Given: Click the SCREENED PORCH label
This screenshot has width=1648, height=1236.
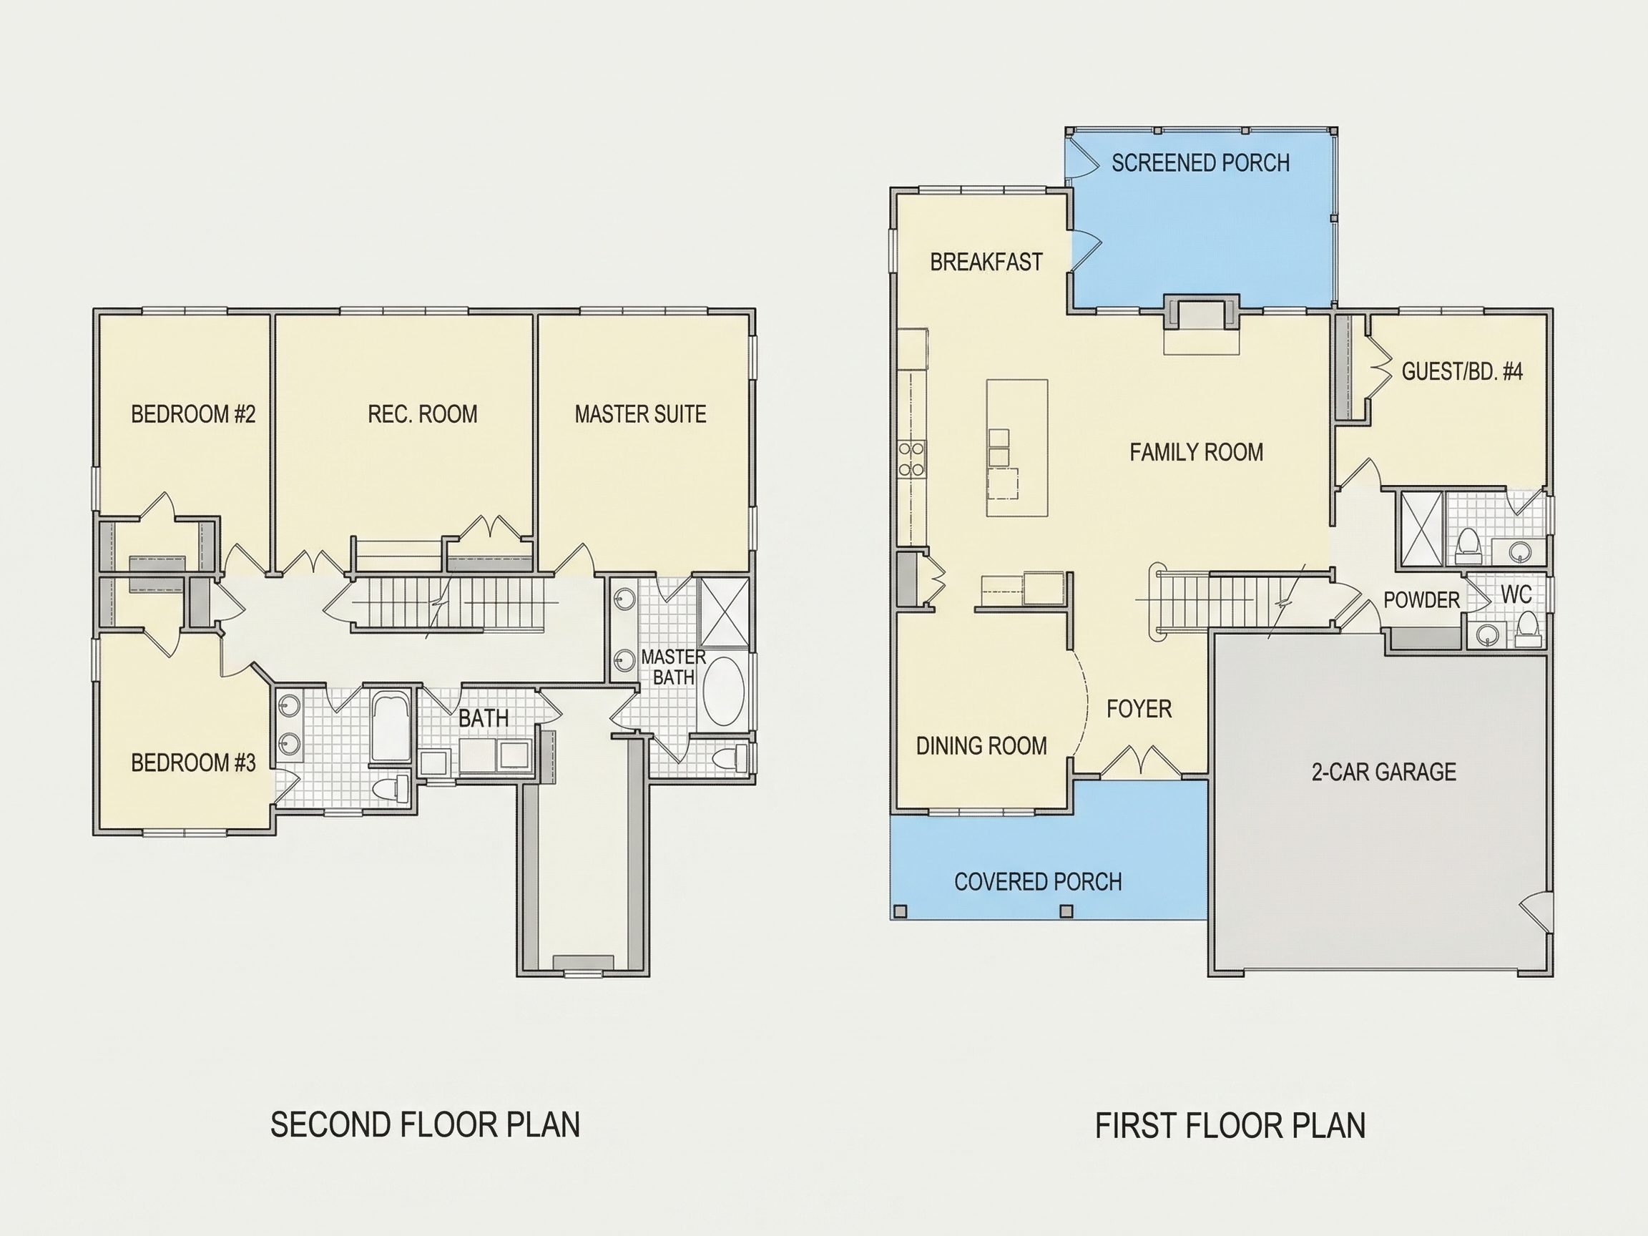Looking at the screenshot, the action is click(x=1200, y=163).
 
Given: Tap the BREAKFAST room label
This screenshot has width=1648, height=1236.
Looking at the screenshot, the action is click(x=986, y=263).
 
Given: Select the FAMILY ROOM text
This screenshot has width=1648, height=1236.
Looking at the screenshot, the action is click(x=1196, y=452).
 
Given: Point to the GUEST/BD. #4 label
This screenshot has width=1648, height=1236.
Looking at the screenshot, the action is click(x=1462, y=371).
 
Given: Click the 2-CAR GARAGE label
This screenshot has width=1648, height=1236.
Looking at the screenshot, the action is click(x=1383, y=772).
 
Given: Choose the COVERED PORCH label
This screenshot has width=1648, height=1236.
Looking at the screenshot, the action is click(x=1038, y=882).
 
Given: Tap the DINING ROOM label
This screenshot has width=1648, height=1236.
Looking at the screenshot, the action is click(x=981, y=746).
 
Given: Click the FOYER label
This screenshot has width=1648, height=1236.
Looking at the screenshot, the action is click(x=1139, y=709).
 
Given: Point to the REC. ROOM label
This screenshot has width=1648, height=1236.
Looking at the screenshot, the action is click(x=423, y=414).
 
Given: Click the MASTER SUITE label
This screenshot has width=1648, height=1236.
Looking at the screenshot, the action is click(x=640, y=414).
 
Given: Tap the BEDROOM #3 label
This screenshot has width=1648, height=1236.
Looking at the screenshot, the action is click(x=193, y=763).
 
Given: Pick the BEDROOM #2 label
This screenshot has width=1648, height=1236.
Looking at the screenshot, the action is click(x=193, y=414).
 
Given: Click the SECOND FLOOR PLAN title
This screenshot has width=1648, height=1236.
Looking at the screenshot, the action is click(x=425, y=1125).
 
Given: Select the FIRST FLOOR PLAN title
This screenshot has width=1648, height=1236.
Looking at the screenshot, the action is click(x=1230, y=1126).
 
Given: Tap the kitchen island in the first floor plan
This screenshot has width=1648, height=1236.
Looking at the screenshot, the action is click(x=1017, y=448).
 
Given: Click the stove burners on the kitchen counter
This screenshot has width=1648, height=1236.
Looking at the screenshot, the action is click(x=912, y=459).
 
